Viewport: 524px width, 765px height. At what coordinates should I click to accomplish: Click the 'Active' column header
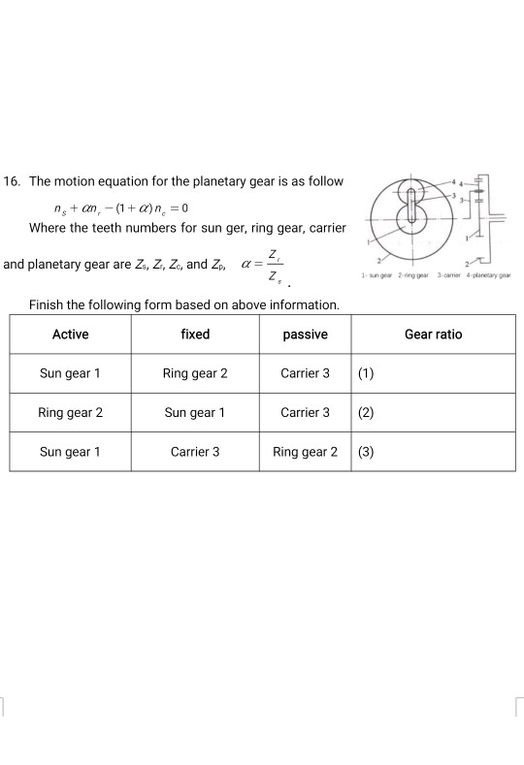pos(70,335)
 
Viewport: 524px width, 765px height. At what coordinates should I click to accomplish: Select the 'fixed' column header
pos(195,335)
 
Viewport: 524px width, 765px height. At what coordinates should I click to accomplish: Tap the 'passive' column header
pos(305,335)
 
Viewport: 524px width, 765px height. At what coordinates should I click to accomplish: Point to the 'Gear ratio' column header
pos(433,335)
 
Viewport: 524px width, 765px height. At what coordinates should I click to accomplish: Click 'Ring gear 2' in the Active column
pos(70,412)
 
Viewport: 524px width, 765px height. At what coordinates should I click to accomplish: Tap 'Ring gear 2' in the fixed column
pos(195,373)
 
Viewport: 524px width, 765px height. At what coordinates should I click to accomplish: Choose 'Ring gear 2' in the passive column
pos(305,452)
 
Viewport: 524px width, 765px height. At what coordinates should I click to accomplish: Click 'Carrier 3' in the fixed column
pos(195,452)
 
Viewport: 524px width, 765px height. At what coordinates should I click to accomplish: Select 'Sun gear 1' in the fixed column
pos(195,412)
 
